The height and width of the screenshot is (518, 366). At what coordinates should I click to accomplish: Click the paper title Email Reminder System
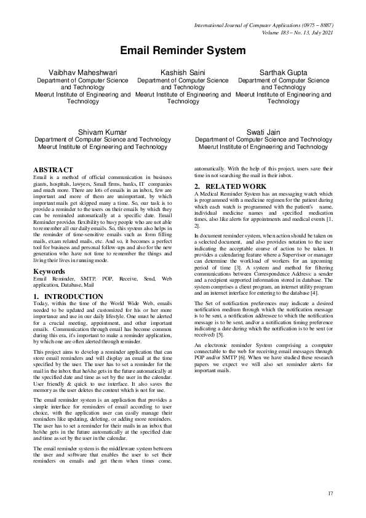[183, 52]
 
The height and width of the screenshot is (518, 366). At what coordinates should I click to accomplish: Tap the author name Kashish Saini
[183, 73]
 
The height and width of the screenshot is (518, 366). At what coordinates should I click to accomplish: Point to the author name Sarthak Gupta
[284, 73]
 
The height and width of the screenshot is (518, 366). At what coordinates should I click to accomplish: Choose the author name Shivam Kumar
[103, 132]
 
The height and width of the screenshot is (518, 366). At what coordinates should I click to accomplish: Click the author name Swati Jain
[263, 132]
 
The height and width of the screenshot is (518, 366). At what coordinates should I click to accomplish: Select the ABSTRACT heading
[53, 169]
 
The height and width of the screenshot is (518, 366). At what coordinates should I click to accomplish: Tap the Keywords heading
[50, 271]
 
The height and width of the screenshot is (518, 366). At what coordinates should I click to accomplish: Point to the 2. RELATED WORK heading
[231, 186]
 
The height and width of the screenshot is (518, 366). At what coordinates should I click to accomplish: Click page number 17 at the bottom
[330, 493]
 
